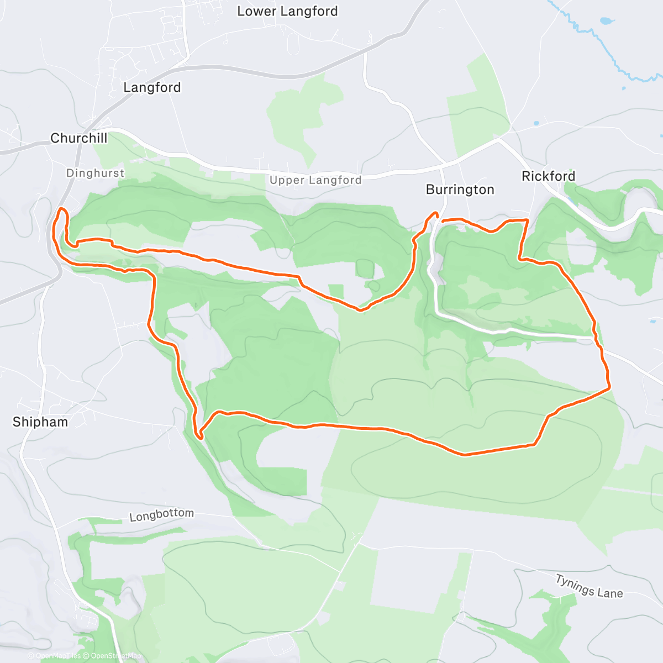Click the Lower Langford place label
pos(287,11)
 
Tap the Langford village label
pos(152,87)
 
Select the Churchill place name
pos(79,138)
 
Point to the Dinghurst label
pos(95,173)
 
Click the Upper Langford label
pos(315,180)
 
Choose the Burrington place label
pos(460,190)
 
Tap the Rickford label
pos(549,176)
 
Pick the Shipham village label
pos(40,422)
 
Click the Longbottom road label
pos(161,515)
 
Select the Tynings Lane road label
pos(589,586)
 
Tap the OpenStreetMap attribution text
pos(115,656)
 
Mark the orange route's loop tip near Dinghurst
pos(61,209)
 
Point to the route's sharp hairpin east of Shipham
pos(201,437)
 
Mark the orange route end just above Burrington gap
pos(436,213)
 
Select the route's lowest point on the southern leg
pos(464,455)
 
